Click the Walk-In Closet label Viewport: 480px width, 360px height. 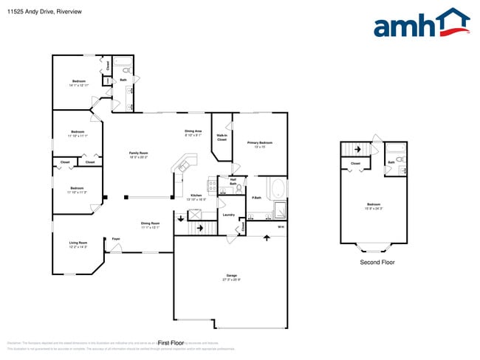[x=222, y=137]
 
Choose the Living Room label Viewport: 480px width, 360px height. [x=78, y=244]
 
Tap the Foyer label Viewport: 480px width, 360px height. [x=116, y=238]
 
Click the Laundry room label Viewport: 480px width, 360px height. [x=229, y=215]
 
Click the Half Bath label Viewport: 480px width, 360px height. [x=233, y=181]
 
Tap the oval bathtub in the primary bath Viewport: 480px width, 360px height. [x=278, y=189]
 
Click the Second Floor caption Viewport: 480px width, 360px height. [x=377, y=263]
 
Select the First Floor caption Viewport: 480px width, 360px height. [x=170, y=343]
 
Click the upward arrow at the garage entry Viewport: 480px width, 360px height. [x=267, y=238]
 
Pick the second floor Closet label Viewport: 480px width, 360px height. [x=355, y=164]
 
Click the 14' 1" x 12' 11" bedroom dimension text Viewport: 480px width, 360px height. [x=79, y=85]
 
